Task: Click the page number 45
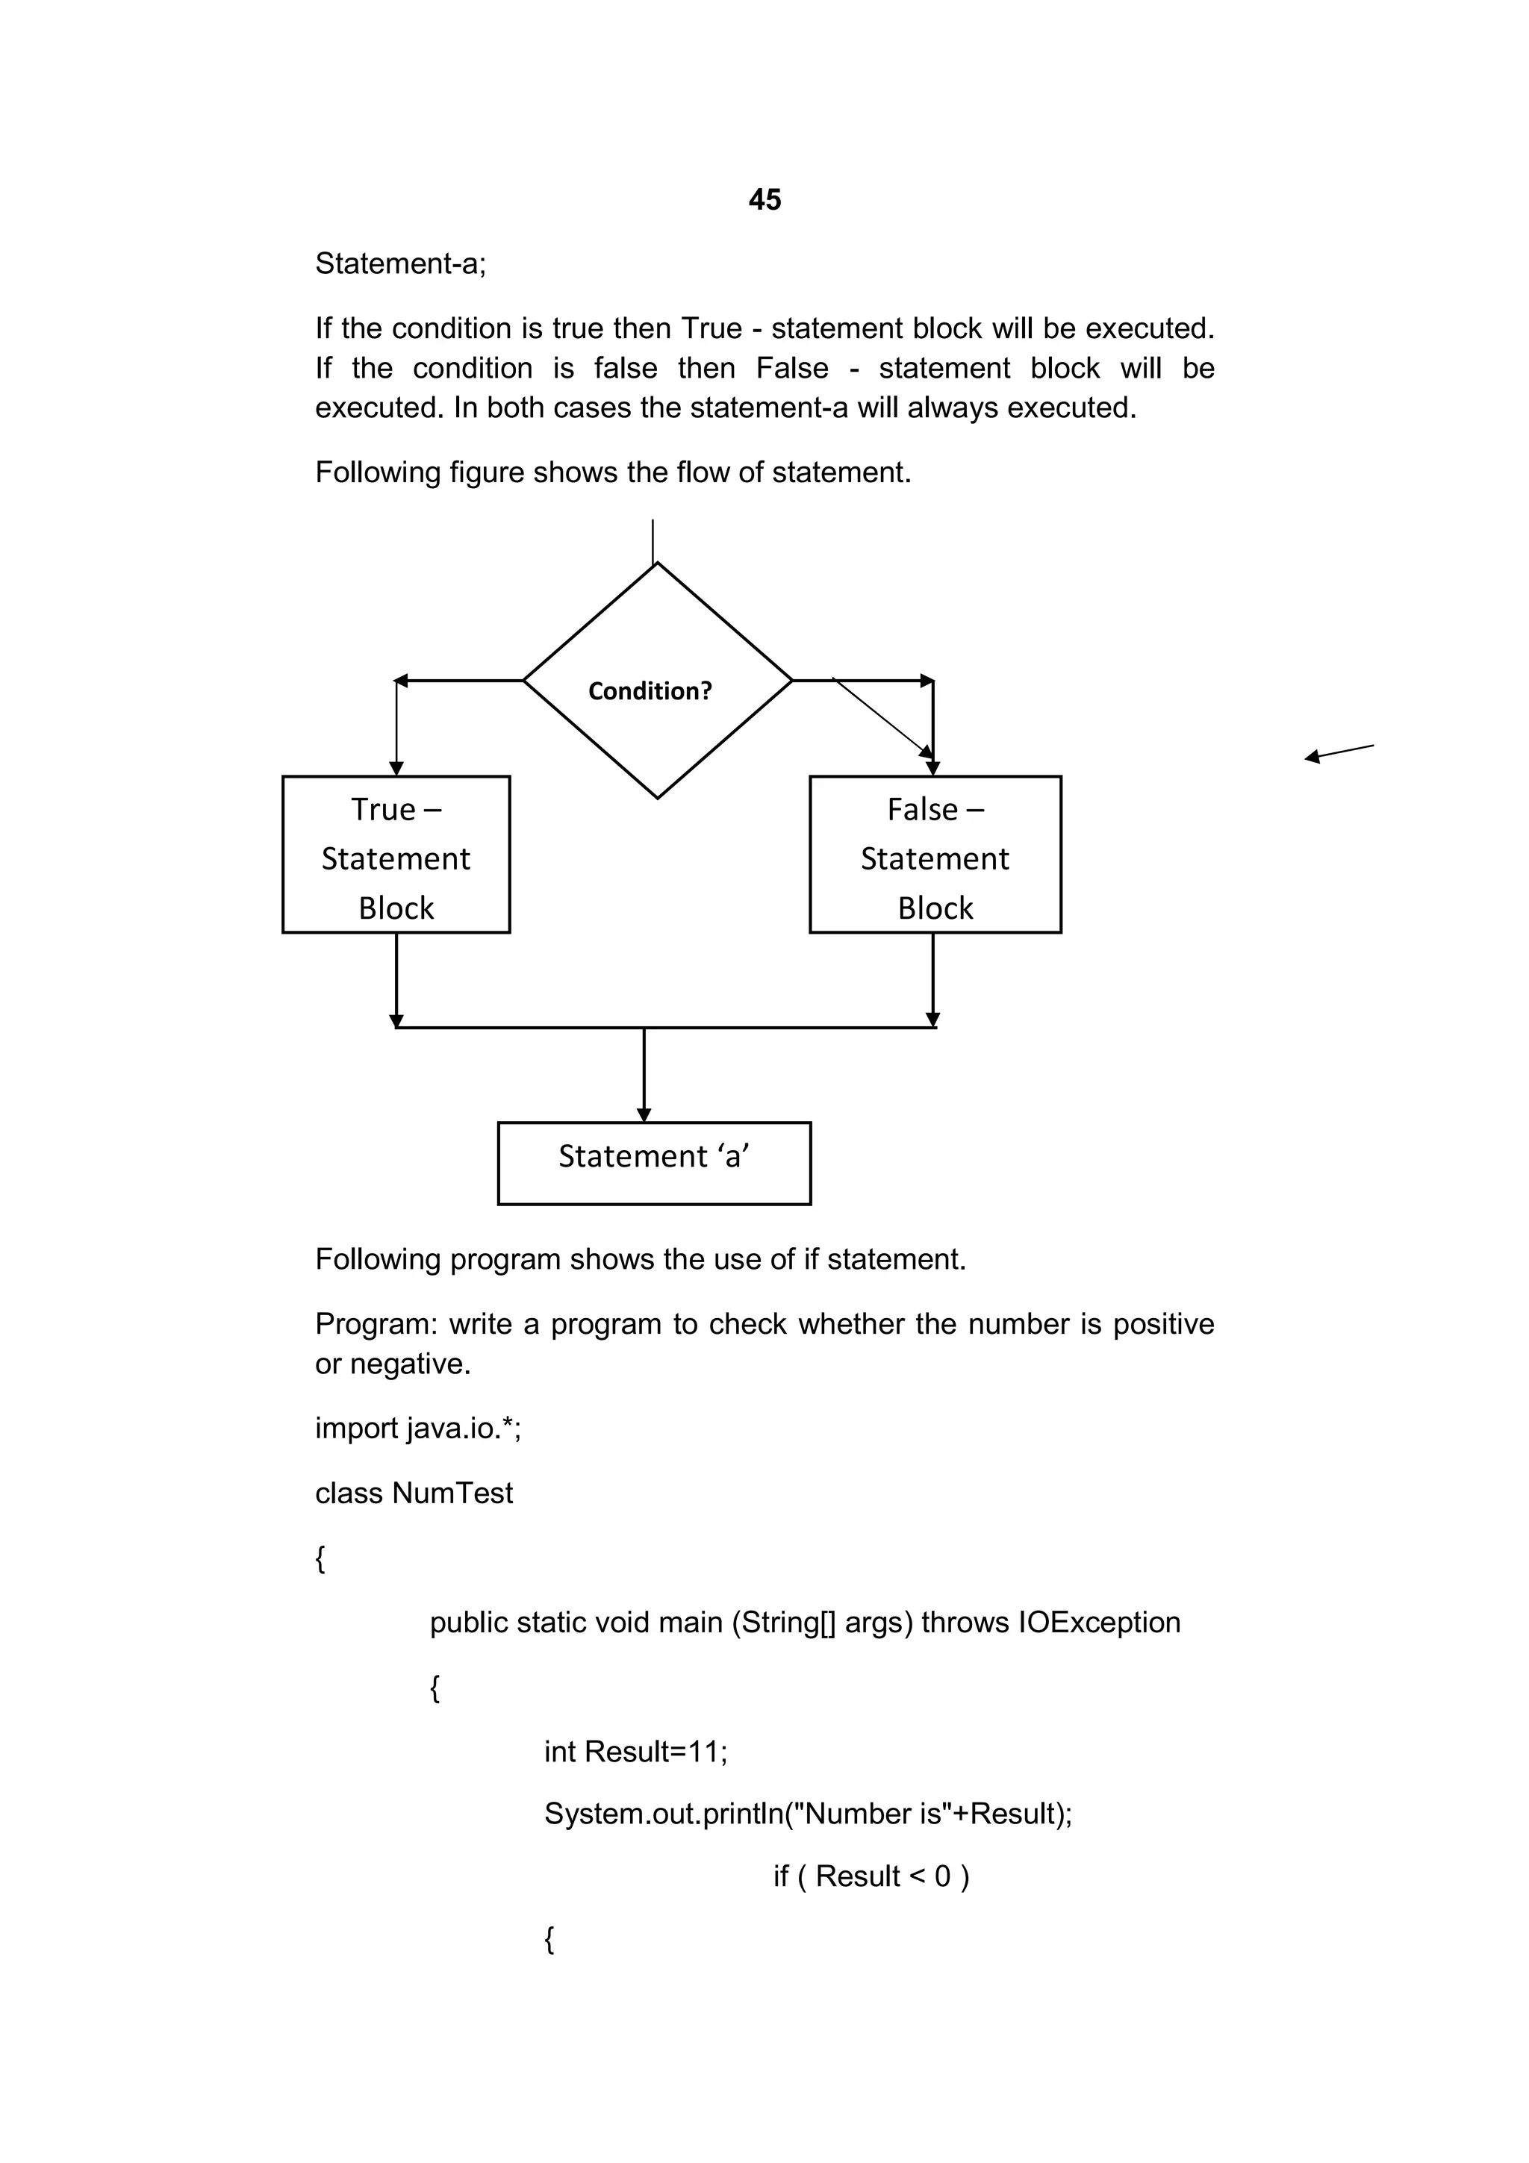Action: coord(764,200)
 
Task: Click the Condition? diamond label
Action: coord(650,691)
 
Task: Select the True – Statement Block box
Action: coord(396,855)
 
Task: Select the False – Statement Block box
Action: coord(935,855)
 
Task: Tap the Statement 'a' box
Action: coord(654,1163)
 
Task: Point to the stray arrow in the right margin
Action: coord(1339,752)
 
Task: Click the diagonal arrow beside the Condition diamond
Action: coord(882,718)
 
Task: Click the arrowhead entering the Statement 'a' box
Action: coord(644,1114)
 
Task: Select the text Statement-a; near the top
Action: coord(400,263)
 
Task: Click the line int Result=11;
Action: coord(636,1751)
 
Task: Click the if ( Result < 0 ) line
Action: coord(871,1876)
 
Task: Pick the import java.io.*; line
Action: coord(418,1428)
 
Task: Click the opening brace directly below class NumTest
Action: coord(320,1559)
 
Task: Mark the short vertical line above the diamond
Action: coord(653,540)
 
